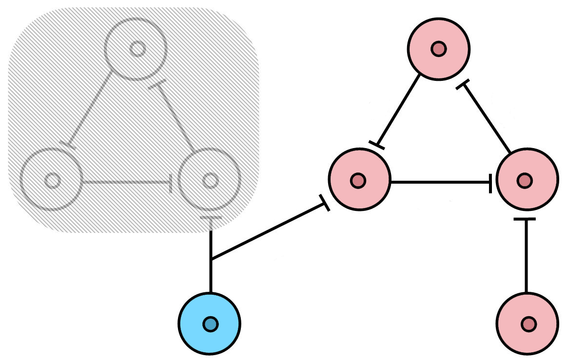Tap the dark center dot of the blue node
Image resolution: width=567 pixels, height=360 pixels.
click(x=210, y=324)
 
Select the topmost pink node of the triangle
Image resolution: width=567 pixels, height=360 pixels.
click(x=439, y=49)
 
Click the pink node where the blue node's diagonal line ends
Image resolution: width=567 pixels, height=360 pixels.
click(x=360, y=180)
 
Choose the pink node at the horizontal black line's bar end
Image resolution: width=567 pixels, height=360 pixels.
click(x=527, y=181)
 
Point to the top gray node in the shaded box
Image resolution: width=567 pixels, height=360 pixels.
click(x=137, y=49)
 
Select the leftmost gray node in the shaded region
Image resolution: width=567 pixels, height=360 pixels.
click(x=52, y=180)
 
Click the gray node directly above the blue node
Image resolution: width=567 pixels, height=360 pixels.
click(x=210, y=180)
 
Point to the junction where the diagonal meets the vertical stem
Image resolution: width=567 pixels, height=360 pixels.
click(x=211, y=259)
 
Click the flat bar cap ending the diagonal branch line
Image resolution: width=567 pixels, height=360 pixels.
click(x=325, y=203)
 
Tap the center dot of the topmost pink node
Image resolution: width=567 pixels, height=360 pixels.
click(x=439, y=49)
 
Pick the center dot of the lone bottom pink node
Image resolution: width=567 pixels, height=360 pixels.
click(x=528, y=324)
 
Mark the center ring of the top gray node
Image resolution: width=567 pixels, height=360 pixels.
click(x=137, y=49)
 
